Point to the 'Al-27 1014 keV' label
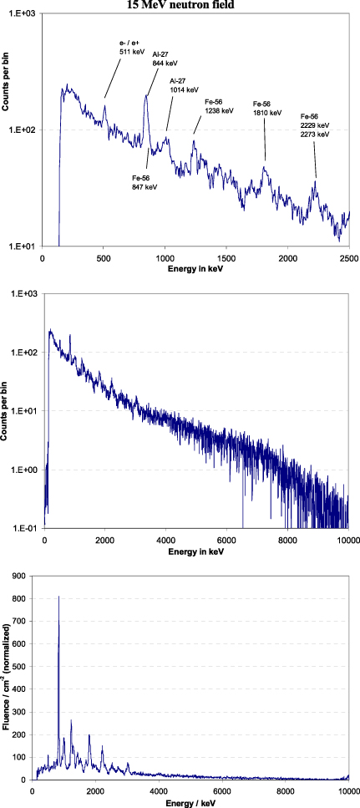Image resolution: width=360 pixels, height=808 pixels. click(x=185, y=85)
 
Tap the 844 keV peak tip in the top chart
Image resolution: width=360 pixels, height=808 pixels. click(x=146, y=95)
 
